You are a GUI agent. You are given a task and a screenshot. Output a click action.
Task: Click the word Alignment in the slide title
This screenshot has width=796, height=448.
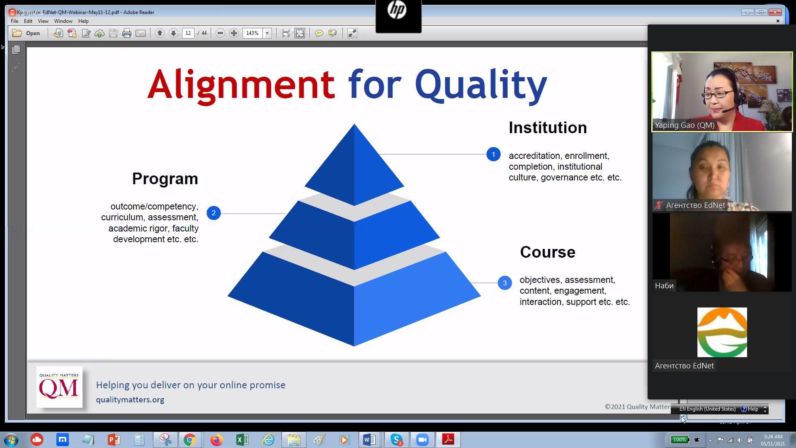pyautogui.click(x=241, y=85)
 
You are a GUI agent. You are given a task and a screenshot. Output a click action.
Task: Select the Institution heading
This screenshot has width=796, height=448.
pyautogui.click(x=548, y=128)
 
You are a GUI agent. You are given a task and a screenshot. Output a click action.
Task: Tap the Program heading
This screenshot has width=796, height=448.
pyautogui.click(x=165, y=179)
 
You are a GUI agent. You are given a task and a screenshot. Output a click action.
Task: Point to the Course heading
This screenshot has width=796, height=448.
pyautogui.click(x=548, y=252)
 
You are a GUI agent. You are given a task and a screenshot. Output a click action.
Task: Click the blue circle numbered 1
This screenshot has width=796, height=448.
pyautogui.click(x=493, y=154)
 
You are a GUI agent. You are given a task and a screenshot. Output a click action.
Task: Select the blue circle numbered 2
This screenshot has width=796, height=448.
pyautogui.click(x=214, y=213)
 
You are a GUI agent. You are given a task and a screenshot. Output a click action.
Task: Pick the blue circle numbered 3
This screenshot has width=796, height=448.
pyautogui.click(x=505, y=283)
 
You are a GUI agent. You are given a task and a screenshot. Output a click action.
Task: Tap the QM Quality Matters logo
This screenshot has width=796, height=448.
pyautogui.click(x=59, y=387)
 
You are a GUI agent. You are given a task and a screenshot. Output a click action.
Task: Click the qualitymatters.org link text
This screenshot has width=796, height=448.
pyautogui.click(x=130, y=400)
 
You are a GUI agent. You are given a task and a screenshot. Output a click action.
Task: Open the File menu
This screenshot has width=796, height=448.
pyautogui.click(x=15, y=21)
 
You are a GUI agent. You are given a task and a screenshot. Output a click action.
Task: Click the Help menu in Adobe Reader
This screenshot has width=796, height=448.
pyautogui.click(x=83, y=21)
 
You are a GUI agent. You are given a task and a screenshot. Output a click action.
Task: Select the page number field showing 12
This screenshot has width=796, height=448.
pyautogui.click(x=188, y=33)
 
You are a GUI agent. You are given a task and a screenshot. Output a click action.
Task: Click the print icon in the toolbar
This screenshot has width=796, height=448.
pyautogui.click(x=127, y=33)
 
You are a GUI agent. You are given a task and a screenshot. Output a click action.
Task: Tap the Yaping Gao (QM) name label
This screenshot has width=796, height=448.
pyautogui.click(x=684, y=125)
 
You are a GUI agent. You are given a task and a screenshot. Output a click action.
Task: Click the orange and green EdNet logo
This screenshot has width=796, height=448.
pyautogui.click(x=722, y=332)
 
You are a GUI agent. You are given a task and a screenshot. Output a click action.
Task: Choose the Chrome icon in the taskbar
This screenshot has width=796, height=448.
pyautogui.click(x=189, y=440)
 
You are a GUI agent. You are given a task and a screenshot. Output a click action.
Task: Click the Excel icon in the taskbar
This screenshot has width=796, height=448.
pyautogui.click(x=242, y=440)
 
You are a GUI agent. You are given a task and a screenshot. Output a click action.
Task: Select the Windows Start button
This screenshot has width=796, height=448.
pyautogui.click(x=11, y=440)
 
